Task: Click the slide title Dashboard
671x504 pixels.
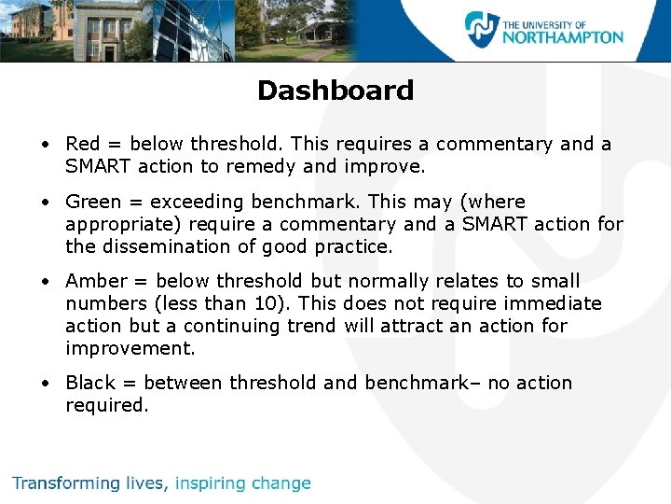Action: pos(335,91)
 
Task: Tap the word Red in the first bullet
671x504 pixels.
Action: pos(82,144)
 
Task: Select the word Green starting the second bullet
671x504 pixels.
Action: pos(93,202)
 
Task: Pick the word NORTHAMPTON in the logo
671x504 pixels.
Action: pos(563,37)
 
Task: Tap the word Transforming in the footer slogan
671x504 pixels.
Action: pos(66,483)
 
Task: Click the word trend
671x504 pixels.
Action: pos(315,326)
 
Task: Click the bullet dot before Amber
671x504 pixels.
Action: pos(45,282)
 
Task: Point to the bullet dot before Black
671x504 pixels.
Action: pos(45,384)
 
